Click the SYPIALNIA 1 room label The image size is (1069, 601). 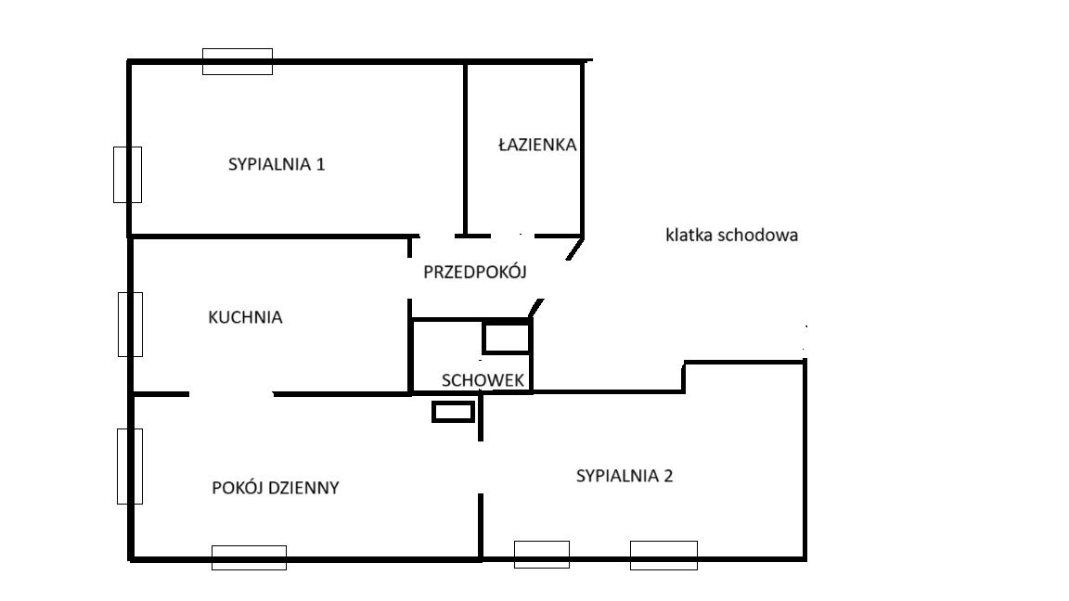click(x=277, y=164)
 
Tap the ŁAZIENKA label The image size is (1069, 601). click(x=537, y=145)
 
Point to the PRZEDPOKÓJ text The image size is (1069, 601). click(x=475, y=272)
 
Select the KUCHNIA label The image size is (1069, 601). click(x=245, y=317)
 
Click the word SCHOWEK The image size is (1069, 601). click(x=483, y=380)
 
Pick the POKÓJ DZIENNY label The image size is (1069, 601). click(x=276, y=488)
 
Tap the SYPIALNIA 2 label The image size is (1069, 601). click(x=625, y=476)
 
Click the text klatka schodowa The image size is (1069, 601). click(x=731, y=235)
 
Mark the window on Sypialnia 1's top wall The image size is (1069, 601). click(x=238, y=61)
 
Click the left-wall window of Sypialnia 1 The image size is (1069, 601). click(x=127, y=174)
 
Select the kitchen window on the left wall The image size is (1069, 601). click(x=130, y=325)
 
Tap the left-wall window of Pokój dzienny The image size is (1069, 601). click(x=130, y=467)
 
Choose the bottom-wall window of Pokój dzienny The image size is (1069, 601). click(x=249, y=557)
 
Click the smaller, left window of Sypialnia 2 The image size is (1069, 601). click(x=542, y=555)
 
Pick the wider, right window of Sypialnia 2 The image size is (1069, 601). click(x=664, y=556)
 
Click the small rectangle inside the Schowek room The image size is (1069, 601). click(x=507, y=338)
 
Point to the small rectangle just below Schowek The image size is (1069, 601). click(x=453, y=412)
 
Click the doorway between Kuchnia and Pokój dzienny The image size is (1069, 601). click(x=231, y=394)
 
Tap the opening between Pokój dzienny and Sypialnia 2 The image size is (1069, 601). click(x=481, y=467)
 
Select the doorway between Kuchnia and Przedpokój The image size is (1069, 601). click(x=410, y=278)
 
